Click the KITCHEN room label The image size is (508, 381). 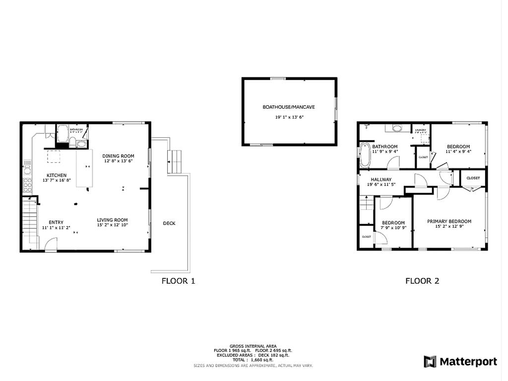(x=57, y=175)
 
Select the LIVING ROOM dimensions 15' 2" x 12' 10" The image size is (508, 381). (x=113, y=225)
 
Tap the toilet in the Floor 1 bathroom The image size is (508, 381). (x=72, y=143)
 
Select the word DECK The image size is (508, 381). (x=169, y=223)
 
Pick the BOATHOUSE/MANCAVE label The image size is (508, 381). (x=289, y=107)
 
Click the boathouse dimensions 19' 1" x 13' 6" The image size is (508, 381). (x=289, y=118)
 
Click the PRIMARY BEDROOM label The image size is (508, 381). (x=449, y=221)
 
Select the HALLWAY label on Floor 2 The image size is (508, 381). (x=381, y=180)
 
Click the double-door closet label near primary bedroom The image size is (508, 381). (x=473, y=178)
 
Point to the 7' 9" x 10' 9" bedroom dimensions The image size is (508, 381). (x=393, y=228)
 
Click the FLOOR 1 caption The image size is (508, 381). (x=178, y=281)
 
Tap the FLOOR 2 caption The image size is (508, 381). (x=422, y=281)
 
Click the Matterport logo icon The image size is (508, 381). (x=430, y=362)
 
